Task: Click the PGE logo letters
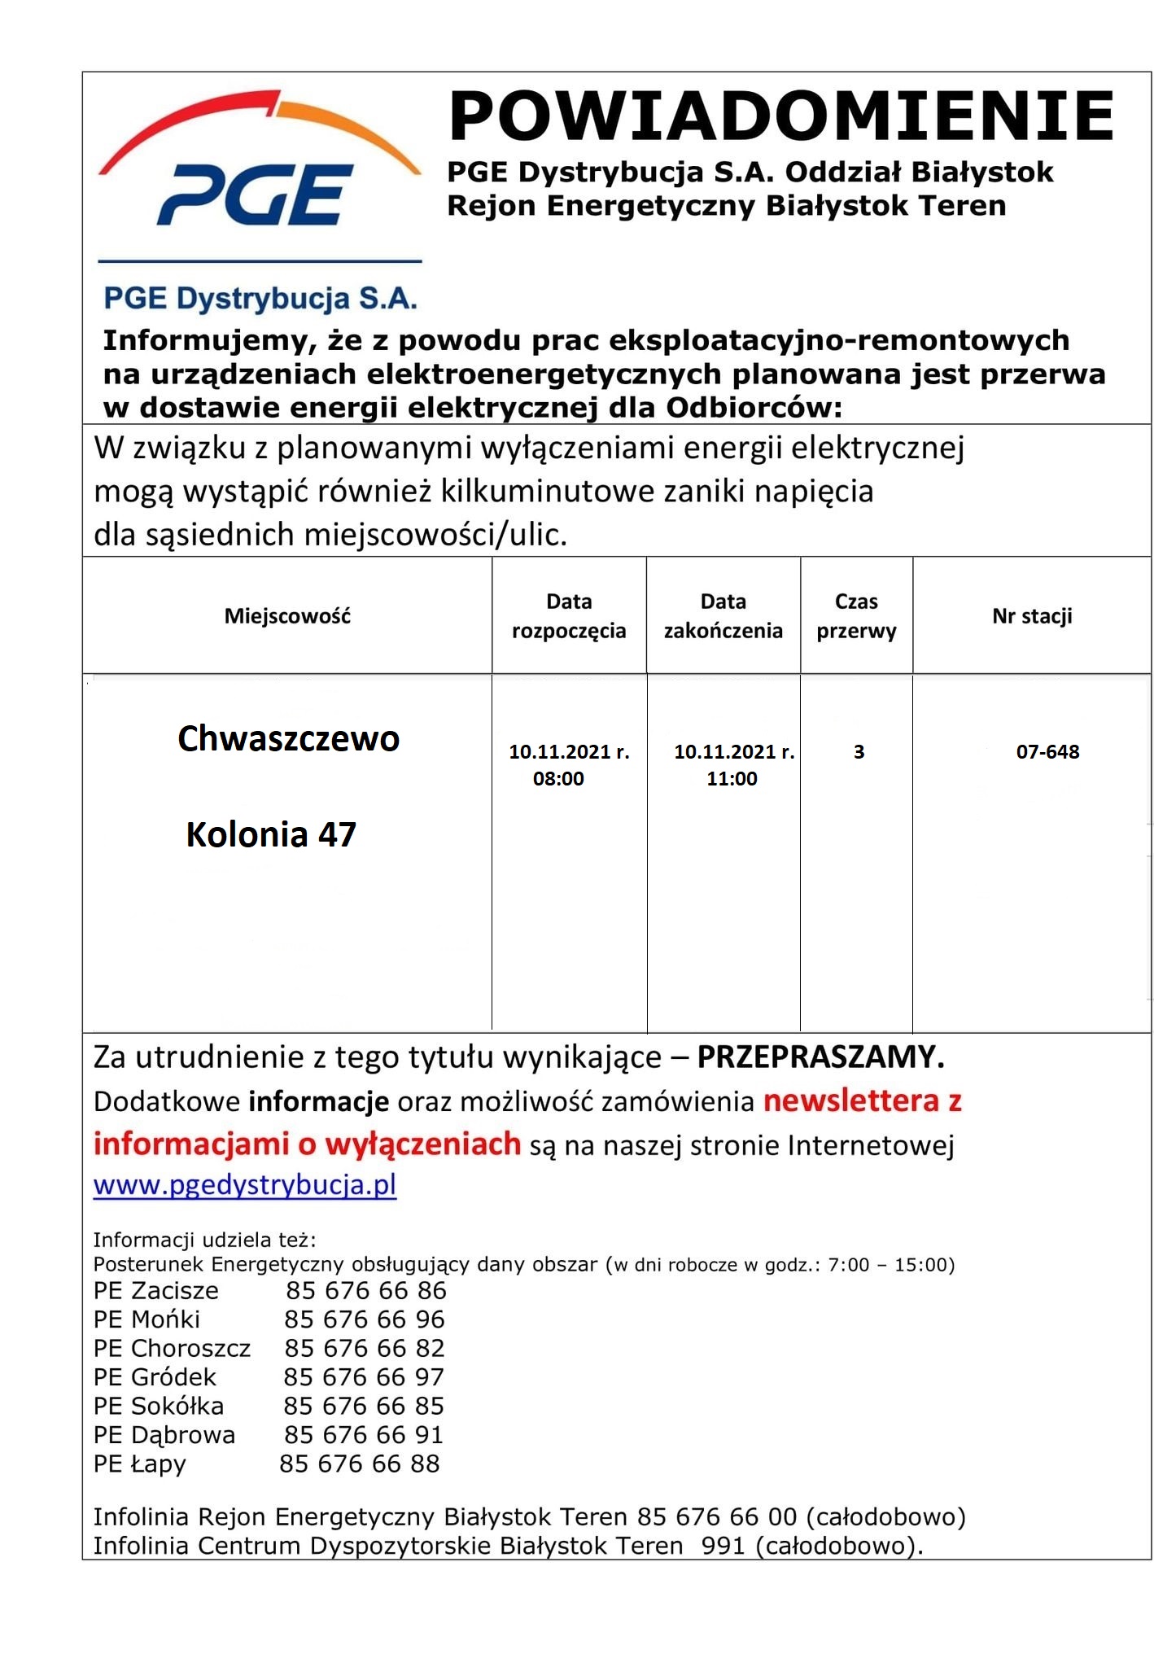point(255,195)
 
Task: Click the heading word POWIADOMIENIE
point(780,116)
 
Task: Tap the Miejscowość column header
point(287,616)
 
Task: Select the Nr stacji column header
point(1031,616)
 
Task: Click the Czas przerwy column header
point(856,616)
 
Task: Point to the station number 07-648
point(1047,752)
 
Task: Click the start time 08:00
point(558,779)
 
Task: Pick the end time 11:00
point(732,779)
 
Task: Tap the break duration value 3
point(859,752)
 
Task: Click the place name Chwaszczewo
point(288,739)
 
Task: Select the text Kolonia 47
point(271,835)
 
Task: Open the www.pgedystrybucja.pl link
point(245,1184)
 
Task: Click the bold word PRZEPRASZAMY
point(820,1057)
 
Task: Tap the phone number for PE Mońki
point(364,1319)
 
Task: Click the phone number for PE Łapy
point(359,1463)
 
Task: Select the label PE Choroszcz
point(172,1348)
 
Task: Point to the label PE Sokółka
point(159,1406)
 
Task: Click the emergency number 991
point(723,1545)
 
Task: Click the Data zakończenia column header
point(723,616)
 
